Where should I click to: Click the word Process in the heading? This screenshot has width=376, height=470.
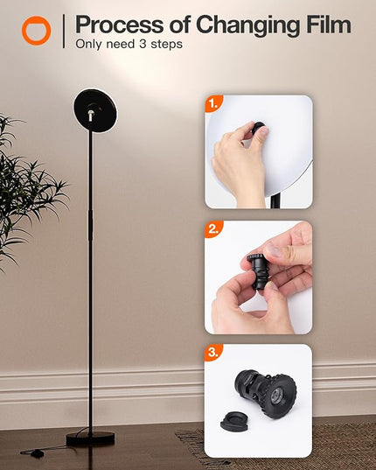(119, 25)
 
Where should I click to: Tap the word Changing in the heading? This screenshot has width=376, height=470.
(247, 25)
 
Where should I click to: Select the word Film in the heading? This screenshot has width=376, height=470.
(329, 24)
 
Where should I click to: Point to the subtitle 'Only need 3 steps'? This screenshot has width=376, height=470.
(129, 44)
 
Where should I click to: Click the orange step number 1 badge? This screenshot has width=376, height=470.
(213, 103)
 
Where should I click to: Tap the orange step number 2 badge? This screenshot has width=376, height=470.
(213, 229)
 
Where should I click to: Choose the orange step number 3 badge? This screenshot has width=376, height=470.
(213, 353)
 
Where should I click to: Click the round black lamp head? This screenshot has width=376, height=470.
(96, 110)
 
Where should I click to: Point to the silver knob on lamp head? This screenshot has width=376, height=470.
(91, 116)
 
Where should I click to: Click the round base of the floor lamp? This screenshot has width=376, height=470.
(90, 438)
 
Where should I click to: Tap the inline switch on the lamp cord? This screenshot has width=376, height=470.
(37, 454)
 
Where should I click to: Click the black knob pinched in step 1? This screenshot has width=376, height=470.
(258, 129)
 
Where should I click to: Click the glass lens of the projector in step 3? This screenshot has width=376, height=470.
(276, 396)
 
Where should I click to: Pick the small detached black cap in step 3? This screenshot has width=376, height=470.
(235, 421)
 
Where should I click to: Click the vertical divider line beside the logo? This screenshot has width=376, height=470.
(64, 32)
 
